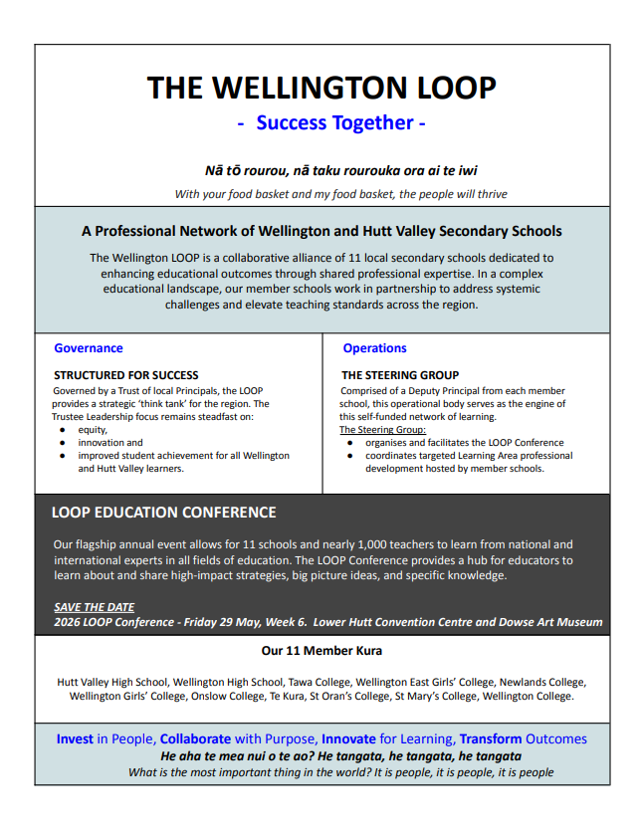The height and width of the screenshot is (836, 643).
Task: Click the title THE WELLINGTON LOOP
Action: click(321, 88)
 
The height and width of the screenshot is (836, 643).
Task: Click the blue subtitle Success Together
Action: click(333, 123)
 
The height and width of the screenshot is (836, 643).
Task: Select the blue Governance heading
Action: click(89, 348)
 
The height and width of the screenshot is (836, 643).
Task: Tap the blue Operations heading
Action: click(374, 348)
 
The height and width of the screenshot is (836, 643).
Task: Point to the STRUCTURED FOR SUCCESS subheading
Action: click(125, 375)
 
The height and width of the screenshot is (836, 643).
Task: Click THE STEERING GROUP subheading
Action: click(400, 375)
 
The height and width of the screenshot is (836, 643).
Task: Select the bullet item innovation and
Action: click(110, 443)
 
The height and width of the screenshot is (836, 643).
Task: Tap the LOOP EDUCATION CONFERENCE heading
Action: click(163, 513)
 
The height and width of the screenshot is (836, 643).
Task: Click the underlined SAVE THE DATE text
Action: click(94, 607)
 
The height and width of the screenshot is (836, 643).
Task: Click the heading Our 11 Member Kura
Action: click(321, 651)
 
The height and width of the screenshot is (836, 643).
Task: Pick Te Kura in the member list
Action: click(289, 696)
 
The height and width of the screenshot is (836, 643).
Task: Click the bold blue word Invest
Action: click(75, 739)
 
